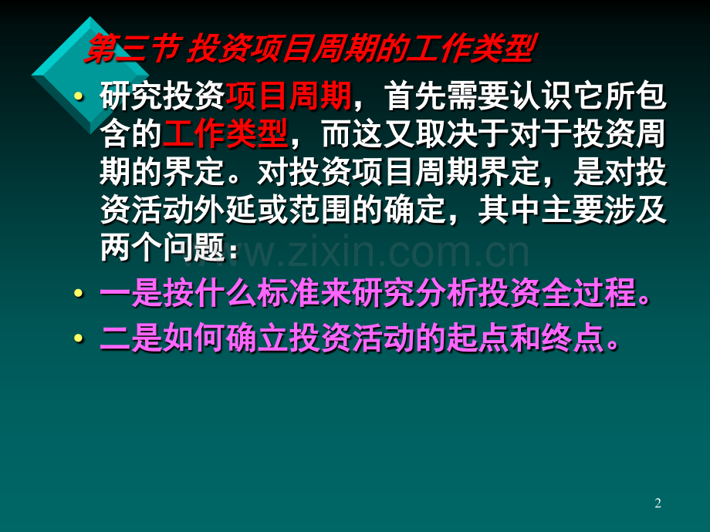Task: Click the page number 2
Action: point(658,503)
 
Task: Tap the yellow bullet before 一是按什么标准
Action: point(79,294)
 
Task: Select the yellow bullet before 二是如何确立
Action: point(79,338)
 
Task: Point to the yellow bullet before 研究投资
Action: point(79,96)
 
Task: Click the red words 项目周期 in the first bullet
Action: point(289,96)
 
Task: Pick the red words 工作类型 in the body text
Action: point(225,134)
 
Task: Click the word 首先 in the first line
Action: point(416,96)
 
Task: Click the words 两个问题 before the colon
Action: point(163,248)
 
